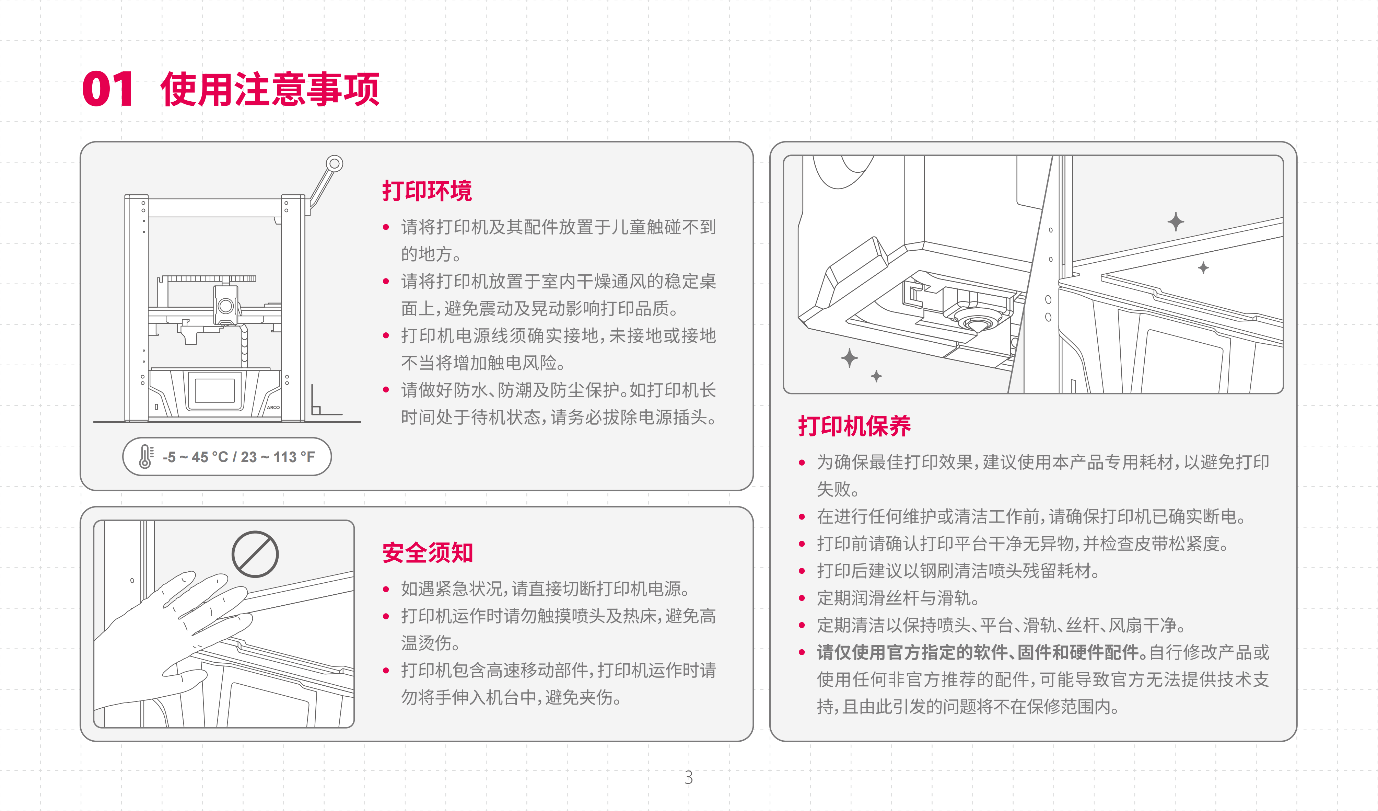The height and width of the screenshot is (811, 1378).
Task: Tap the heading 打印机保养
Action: coord(854,426)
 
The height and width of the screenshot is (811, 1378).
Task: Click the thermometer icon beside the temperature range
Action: coord(145,456)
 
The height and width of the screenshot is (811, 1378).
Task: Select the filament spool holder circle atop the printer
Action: coord(334,164)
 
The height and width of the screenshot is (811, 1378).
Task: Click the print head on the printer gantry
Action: coord(226,304)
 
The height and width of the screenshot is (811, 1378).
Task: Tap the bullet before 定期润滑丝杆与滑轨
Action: coord(802,598)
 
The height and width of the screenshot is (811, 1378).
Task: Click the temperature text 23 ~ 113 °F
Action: coord(278,457)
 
